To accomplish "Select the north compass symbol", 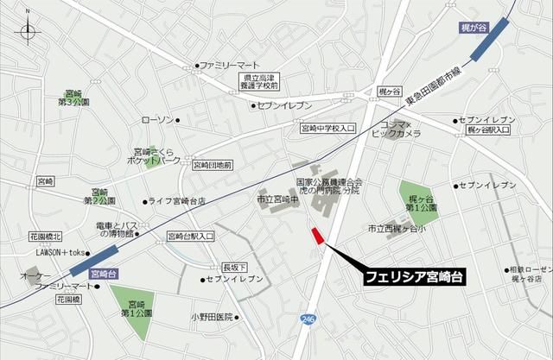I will pos(29,33).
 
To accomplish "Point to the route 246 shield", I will pos(308,320).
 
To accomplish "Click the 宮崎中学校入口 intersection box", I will pos(327,128).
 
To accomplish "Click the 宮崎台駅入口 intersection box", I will pos(190,235).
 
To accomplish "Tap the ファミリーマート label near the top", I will pos(230,66).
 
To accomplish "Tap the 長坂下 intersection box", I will pos(234,266).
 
